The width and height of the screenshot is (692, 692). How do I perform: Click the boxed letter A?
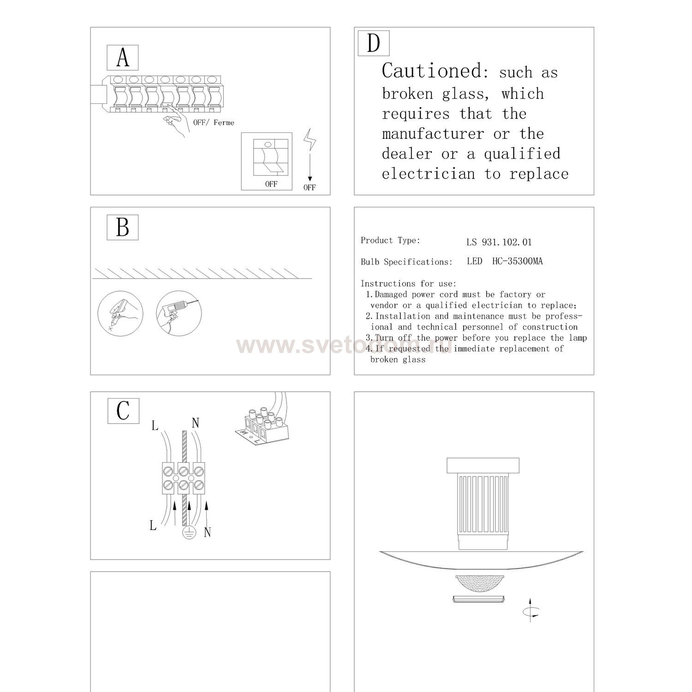pos(123,58)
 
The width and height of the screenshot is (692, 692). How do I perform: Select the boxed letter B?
pos(123,227)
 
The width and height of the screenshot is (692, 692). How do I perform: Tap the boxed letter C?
pos(123,411)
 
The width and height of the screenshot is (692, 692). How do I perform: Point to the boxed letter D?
pos(374,43)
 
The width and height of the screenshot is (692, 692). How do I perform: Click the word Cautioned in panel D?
pos(432,71)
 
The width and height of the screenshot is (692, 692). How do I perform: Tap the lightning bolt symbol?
pos(310,140)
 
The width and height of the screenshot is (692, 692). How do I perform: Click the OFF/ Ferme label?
pos(214,123)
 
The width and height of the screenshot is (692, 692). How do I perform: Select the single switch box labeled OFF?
pos(267,161)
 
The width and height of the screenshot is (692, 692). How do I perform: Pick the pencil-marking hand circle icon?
pos(120,313)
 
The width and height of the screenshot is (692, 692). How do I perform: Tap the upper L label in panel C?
pos(155,425)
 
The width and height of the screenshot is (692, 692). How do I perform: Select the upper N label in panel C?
pos(195,422)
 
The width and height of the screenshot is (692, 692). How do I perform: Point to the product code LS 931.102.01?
pos(499,242)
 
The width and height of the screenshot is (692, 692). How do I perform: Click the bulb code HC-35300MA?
pos(517,261)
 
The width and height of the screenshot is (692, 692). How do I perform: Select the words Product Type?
pos(390,240)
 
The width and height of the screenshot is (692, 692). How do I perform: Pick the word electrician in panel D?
pos(428,174)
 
